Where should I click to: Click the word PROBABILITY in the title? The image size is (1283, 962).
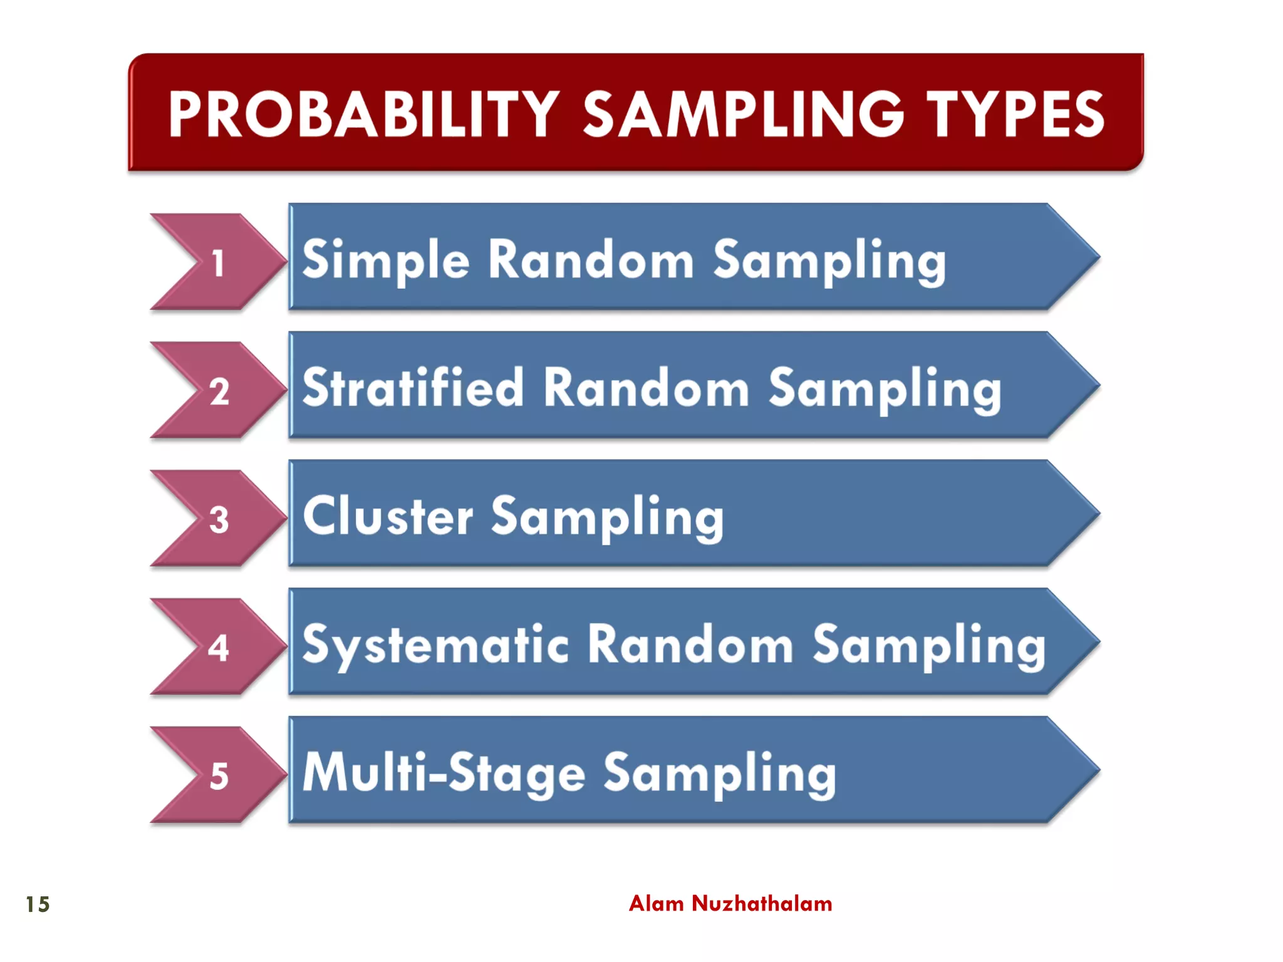point(363,114)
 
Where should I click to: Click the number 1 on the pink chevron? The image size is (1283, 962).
point(218,263)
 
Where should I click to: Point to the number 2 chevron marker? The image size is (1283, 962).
point(219,391)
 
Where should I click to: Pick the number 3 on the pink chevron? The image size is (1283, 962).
point(219,520)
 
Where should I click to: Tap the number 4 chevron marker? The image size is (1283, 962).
point(218,648)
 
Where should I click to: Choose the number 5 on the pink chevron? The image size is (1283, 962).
point(219,777)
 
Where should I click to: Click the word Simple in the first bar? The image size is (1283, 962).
point(385,260)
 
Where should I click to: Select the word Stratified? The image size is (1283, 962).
point(412,388)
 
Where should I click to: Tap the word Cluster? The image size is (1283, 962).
point(387,517)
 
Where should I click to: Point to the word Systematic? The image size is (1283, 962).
point(435,645)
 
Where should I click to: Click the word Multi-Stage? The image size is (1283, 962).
point(444,773)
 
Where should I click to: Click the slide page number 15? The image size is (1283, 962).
point(38,904)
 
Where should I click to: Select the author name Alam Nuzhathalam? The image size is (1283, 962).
point(730,904)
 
